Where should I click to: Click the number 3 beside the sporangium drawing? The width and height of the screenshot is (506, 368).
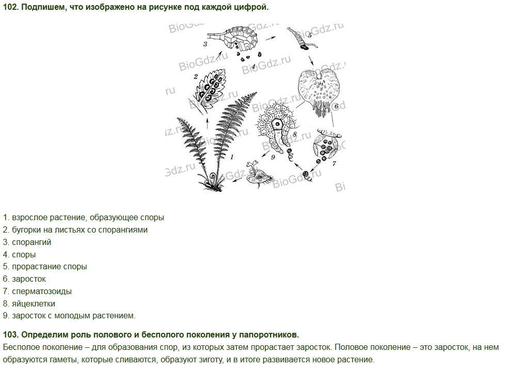[x=205, y=44]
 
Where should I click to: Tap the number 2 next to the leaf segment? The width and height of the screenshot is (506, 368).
[x=196, y=76]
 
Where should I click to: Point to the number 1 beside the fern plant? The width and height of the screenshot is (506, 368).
[x=232, y=157]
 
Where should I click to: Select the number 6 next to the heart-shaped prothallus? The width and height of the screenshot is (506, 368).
[x=336, y=106]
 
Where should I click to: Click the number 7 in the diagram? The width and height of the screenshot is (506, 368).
[x=335, y=163]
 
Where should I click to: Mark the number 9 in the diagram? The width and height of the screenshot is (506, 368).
[x=273, y=157]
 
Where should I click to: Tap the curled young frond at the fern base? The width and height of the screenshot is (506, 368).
[x=213, y=177]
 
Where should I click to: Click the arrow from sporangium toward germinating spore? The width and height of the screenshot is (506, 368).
[x=271, y=38]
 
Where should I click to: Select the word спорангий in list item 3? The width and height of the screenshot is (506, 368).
[x=31, y=242]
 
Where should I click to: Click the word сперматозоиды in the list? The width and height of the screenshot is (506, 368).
[x=42, y=292]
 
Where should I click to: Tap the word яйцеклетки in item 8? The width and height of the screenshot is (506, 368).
[x=34, y=304]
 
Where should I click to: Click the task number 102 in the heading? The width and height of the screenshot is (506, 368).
[x=11, y=7]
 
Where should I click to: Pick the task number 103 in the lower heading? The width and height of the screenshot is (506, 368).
[x=11, y=335]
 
